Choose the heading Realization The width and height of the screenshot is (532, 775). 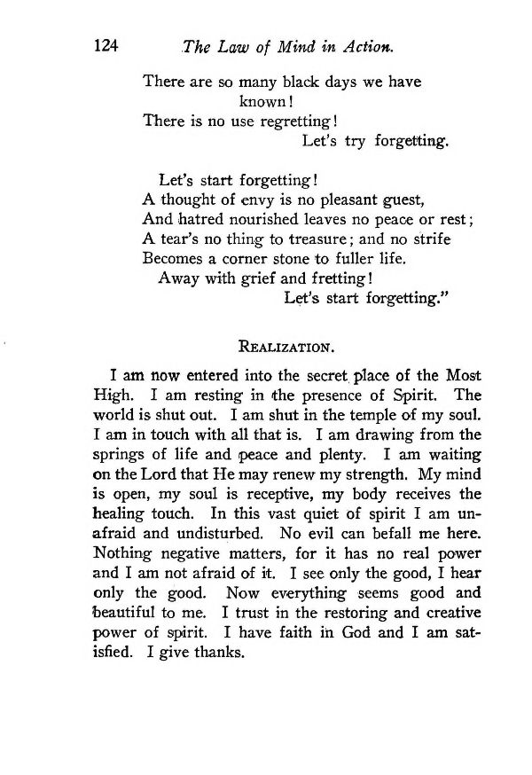(284, 341)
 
